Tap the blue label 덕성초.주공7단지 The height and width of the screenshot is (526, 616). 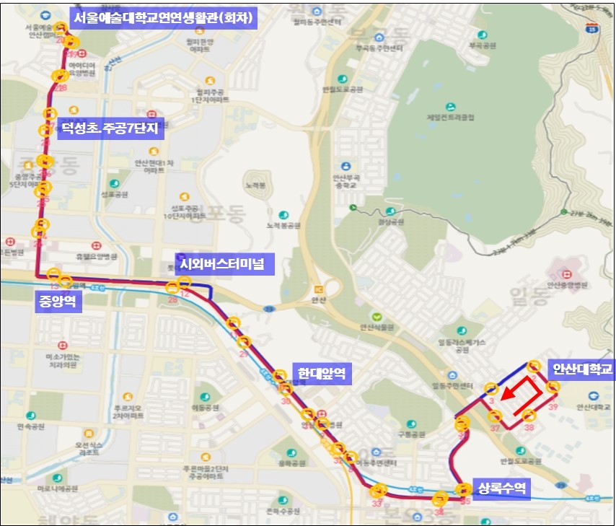pyautogui.click(x=112, y=130)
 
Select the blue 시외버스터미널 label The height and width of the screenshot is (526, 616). pyautogui.click(x=222, y=264)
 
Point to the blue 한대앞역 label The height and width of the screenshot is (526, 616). pyautogui.click(x=321, y=374)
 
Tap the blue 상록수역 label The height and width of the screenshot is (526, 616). pyautogui.click(x=500, y=489)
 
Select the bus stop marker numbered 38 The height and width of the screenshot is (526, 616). pyautogui.click(x=529, y=416)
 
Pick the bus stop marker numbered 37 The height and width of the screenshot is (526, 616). pyautogui.click(x=496, y=416)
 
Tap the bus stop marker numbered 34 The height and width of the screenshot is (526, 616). pyautogui.click(x=440, y=497)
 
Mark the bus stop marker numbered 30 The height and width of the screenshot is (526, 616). pyautogui.click(x=285, y=389)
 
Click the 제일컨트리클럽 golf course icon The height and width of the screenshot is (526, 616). pyautogui.click(x=451, y=106)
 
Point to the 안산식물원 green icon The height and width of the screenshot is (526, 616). pyautogui.click(x=375, y=316)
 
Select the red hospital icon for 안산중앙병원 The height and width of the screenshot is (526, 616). pyautogui.click(x=566, y=274)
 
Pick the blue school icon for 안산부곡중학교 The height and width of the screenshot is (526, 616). pyautogui.click(x=346, y=166)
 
